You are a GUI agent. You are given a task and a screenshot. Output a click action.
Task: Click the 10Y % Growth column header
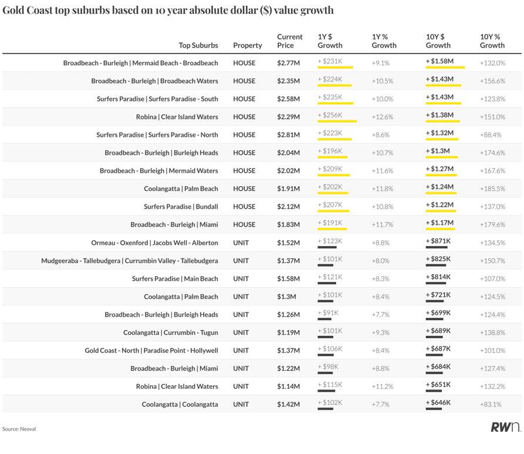click(x=492, y=41)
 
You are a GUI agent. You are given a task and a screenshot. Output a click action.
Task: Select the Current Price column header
click(x=289, y=41)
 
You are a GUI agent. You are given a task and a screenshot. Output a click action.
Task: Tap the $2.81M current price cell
click(x=288, y=134)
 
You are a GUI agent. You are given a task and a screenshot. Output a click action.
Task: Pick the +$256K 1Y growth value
click(x=330, y=116)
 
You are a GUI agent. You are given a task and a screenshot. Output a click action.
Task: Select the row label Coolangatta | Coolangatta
click(x=180, y=405)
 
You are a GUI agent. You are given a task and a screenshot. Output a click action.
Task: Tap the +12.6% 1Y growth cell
click(x=382, y=117)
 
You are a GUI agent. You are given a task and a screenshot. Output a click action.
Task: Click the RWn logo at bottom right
click(x=505, y=427)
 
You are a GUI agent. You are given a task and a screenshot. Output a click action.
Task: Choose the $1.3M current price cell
click(x=286, y=297)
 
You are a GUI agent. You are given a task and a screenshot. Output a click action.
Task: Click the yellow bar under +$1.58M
click(x=445, y=68)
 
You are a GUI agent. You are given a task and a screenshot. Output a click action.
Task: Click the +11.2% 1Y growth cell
click(x=382, y=386)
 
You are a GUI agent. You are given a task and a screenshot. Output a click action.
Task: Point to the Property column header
click(x=247, y=45)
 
